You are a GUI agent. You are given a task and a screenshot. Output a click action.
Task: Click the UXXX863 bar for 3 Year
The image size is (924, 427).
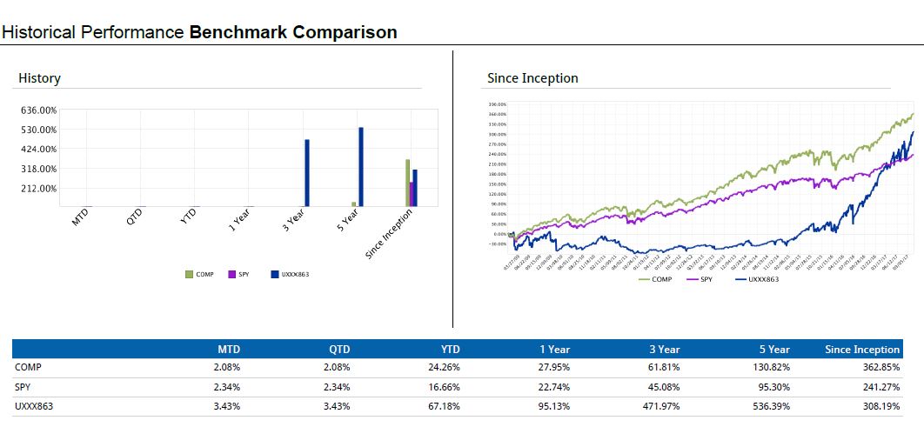pyautogui.click(x=307, y=172)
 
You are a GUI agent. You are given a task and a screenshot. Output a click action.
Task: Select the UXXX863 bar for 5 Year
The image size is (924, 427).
pyautogui.click(x=361, y=166)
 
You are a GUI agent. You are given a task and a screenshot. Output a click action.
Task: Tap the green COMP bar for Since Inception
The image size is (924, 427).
pyautogui.click(x=407, y=183)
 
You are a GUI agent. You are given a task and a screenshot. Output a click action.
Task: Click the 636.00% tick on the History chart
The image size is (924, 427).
pyautogui.click(x=38, y=110)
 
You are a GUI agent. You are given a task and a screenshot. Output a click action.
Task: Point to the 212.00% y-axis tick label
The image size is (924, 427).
pyautogui.click(x=38, y=188)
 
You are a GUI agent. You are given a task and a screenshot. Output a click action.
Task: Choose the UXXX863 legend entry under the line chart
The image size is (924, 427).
pyautogui.click(x=759, y=279)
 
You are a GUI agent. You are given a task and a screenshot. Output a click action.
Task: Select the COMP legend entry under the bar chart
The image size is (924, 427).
pyautogui.click(x=199, y=275)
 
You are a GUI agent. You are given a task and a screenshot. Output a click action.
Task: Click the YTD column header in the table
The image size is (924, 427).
pyautogui.click(x=449, y=350)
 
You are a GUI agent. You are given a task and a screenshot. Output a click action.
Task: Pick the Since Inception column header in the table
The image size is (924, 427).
pyautogui.click(x=861, y=350)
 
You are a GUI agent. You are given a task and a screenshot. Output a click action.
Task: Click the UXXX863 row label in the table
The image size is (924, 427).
pyautogui.click(x=33, y=405)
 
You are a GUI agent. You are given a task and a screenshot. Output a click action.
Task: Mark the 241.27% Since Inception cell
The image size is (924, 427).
pyautogui.click(x=880, y=386)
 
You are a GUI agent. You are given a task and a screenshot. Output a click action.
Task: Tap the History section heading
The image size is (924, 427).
pyautogui.click(x=39, y=78)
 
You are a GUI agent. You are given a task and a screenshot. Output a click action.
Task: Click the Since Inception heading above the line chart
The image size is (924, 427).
pyautogui.click(x=532, y=78)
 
